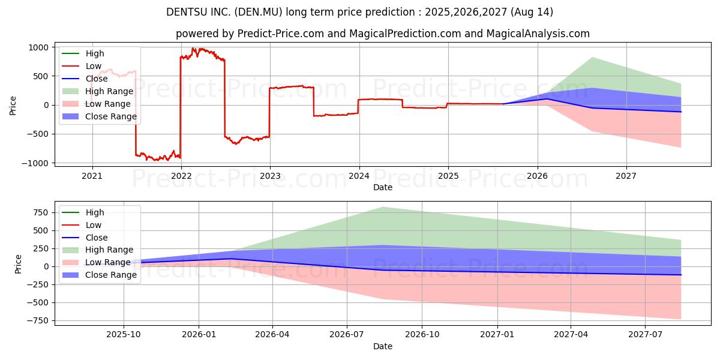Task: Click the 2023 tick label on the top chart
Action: [x=270, y=176]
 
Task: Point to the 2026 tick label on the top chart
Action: [x=538, y=176]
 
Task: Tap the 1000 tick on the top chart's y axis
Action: [x=38, y=47]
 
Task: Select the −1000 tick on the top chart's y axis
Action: [x=35, y=163]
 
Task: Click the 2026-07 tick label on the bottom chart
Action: [x=347, y=335]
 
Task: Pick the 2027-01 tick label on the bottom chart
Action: [x=497, y=335]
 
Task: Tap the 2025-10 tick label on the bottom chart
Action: [x=124, y=335]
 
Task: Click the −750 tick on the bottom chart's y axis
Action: [x=38, y=321]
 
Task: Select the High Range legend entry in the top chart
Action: [x=97, y=91]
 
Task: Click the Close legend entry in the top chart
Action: [x=85, y=79]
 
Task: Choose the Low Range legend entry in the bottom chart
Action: [x=96, y=262]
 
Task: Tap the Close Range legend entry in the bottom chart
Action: [x=99, y=275]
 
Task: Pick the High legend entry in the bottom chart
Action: [x=83, y=212]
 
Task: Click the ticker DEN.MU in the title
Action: [x=259, y=12]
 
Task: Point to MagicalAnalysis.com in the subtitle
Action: [x=538, y=34]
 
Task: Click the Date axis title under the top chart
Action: [x=383, y=187]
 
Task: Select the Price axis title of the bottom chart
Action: [x=18, y=264]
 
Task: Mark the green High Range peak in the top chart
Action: [x=592, y=58]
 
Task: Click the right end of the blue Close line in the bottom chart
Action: [x=681, y=275]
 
